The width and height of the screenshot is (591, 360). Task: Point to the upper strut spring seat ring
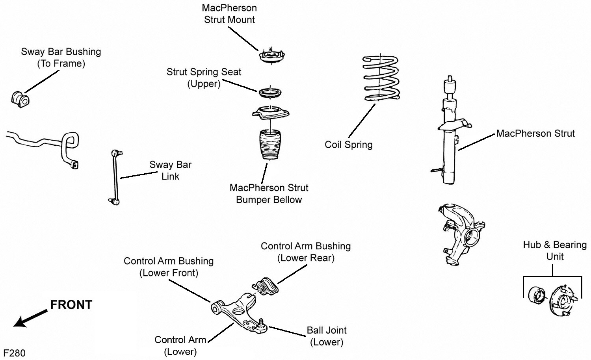270,93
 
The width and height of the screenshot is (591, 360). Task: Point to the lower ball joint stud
261,323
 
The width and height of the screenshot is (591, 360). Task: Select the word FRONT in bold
71,305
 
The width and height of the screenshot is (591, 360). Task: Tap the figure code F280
14,353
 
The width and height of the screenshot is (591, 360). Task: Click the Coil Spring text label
348,145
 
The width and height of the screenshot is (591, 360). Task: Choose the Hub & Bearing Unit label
555,251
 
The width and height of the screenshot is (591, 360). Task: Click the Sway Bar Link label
170,171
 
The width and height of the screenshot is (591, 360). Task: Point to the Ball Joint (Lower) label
327,336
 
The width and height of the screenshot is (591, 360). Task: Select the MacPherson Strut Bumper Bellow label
269,194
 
